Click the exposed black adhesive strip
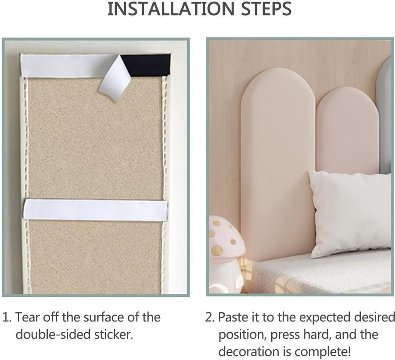[146, 65]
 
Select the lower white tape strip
[95, 209]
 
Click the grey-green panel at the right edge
[385, 114]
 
